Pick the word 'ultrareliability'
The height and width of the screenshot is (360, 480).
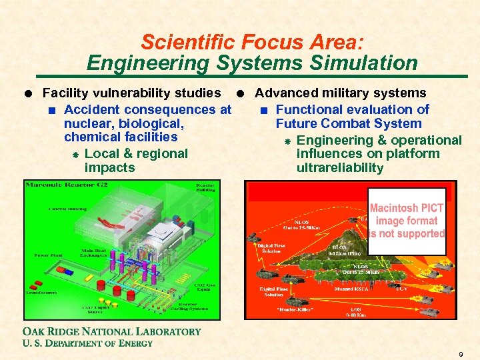[340, 167]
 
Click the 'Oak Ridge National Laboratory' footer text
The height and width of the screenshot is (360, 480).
[111, 331]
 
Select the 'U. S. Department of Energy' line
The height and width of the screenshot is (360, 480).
[87, 343]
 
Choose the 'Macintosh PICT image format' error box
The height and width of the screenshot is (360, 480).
[407, 221]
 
